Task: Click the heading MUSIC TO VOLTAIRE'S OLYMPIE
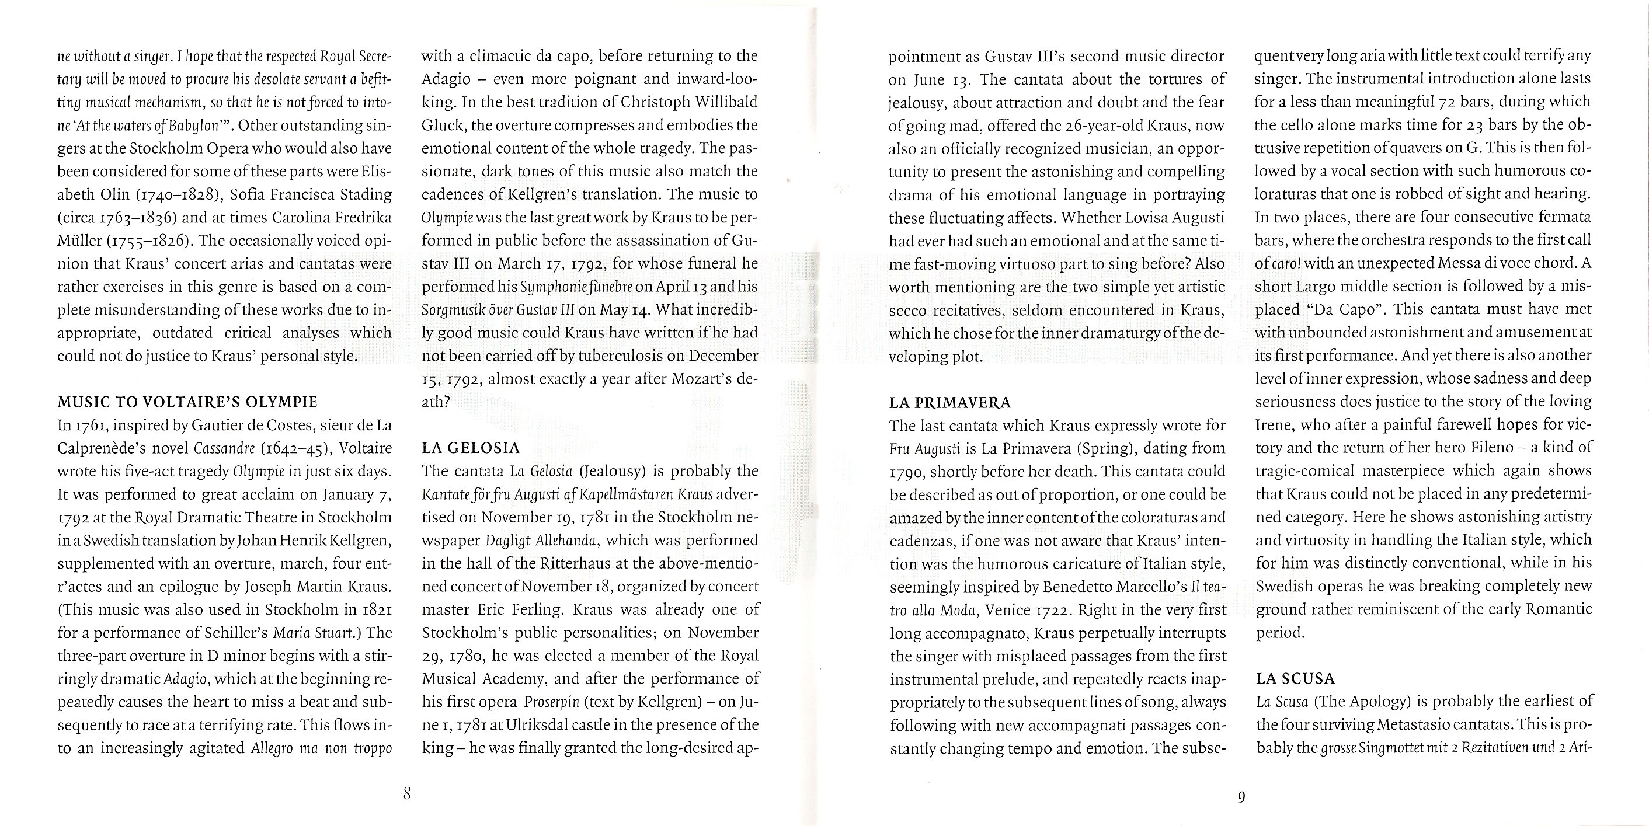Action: point(187,402)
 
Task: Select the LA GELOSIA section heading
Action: point(471,448)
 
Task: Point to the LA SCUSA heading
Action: point(1295,679)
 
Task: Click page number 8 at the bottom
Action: point(406,794)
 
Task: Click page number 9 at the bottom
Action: point(1241,797)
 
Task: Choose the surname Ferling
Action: point(534,610)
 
